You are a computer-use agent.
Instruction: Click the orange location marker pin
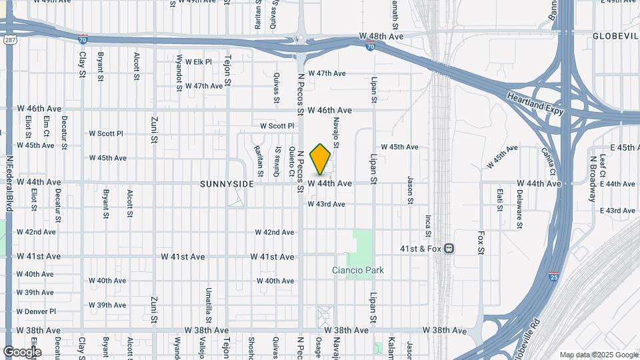pyautogui.click(x=321, y=159)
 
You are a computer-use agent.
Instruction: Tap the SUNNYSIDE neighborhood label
pyautogui.click(x=227, y=183)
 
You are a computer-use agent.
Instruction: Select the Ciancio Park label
pyautogui.click(x=359, y=271)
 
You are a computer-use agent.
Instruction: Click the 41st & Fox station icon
pyautogui.click(x=450, y=249)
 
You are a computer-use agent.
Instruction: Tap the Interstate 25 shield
pyautogui.click(x=554, y=275)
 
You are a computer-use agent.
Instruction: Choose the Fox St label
pyautogui.click(x=481, y=243)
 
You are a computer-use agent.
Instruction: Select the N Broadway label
pyautogui.click(x=592, y=179)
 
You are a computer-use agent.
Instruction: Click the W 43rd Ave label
pyautogui.click(x=326, y=204)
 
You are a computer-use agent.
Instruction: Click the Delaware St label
pyautogui.click(x=519, y=209)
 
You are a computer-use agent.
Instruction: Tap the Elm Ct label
pyautogui.click(x=46, y=127)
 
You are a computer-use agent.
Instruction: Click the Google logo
pyautogui.click(x=21, y=351)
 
